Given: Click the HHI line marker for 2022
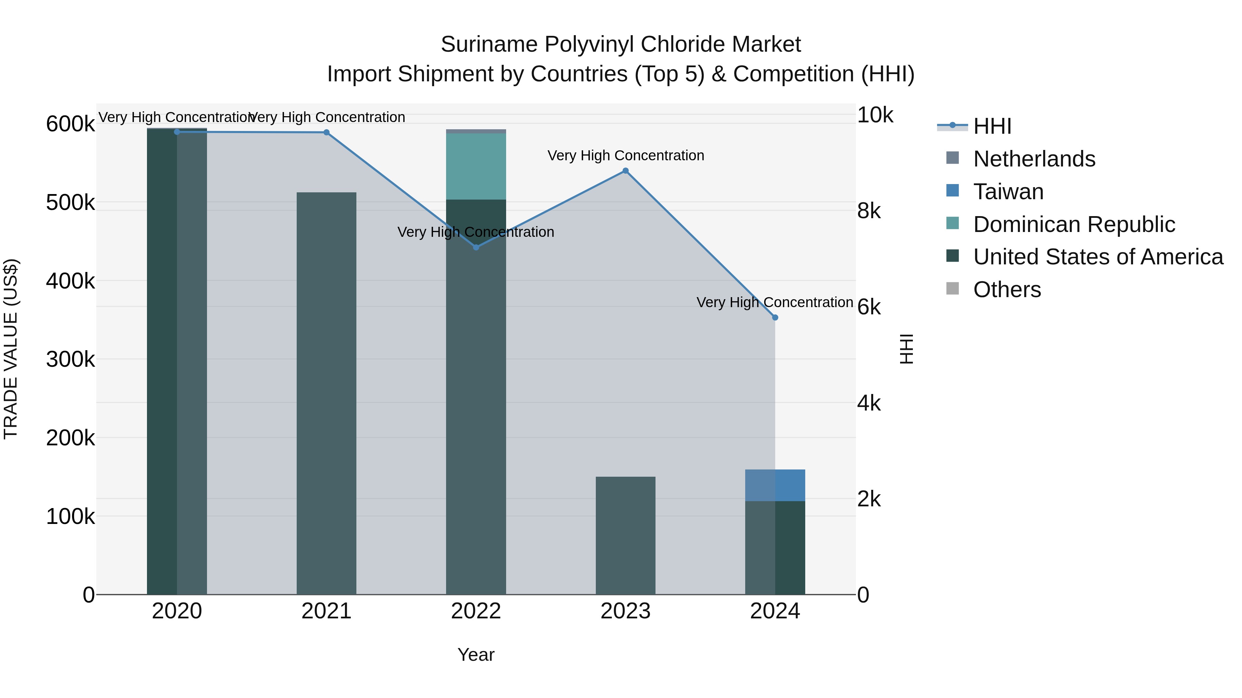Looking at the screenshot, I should pos(476,247).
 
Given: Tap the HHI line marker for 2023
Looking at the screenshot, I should pos(625,171).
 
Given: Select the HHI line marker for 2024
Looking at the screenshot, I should pos(775,317).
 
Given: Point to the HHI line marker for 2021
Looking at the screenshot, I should pos(326,132).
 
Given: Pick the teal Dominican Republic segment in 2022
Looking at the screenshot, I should pos(476,166).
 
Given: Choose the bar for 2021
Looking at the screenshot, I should pos(326,393).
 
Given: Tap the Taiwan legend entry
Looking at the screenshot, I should pos(1008,192).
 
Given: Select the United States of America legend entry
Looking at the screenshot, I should pos(1098,257).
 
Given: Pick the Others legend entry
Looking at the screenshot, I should pos(1007,290).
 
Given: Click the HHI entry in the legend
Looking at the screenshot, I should pos(992,126).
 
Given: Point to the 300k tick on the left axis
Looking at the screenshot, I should pos(70,360).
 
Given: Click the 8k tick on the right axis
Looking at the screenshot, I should pos(869,211).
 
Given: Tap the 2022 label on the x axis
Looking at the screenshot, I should pos(476,611).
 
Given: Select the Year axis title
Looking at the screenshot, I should pos(476,655).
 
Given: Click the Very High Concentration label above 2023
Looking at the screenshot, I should pos(625,155).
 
